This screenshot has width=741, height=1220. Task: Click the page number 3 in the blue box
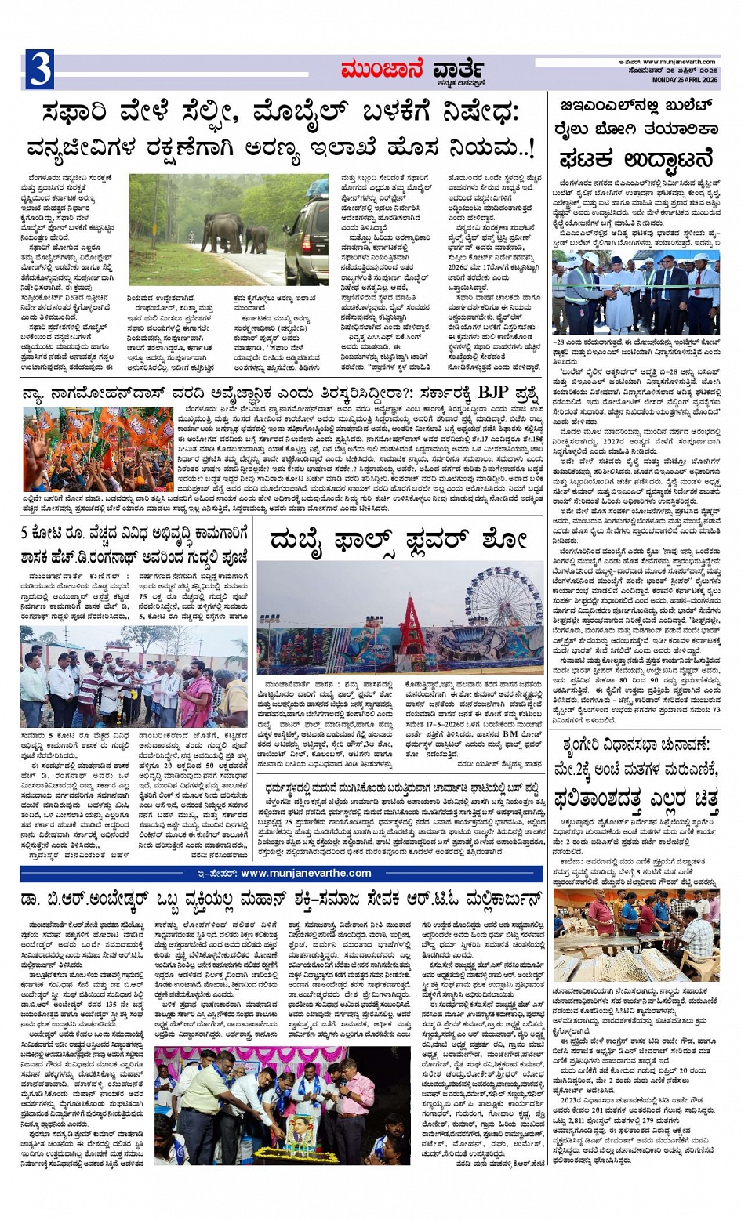[38, 69]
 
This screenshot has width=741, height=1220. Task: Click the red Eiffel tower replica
[412, 622]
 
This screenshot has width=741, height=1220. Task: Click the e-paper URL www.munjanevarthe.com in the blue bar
[306, 873]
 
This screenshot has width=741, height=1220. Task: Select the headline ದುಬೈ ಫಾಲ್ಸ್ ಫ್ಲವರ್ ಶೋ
[398, 541]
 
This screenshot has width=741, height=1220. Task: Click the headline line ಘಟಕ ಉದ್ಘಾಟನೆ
[635, 158]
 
